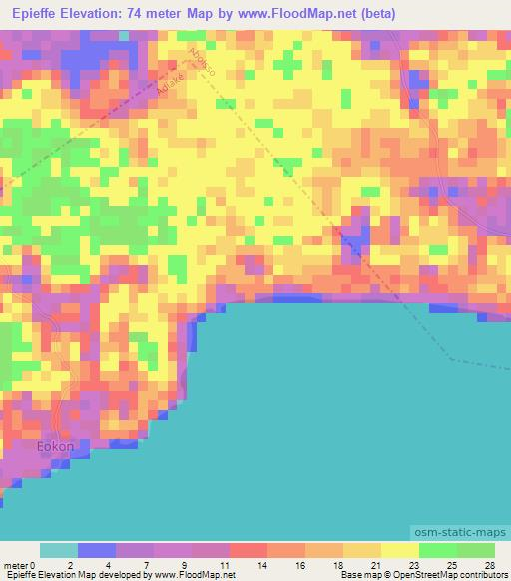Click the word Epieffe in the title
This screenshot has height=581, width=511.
pyautogui.click(x=39, y=14)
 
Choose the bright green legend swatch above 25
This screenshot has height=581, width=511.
pyautogui.click(x=438, y=550)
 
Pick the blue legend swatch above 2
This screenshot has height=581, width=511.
pyautogui.click(x=97, y=550)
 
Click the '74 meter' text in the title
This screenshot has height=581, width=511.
pyautogui.click(x=163, y=14)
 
